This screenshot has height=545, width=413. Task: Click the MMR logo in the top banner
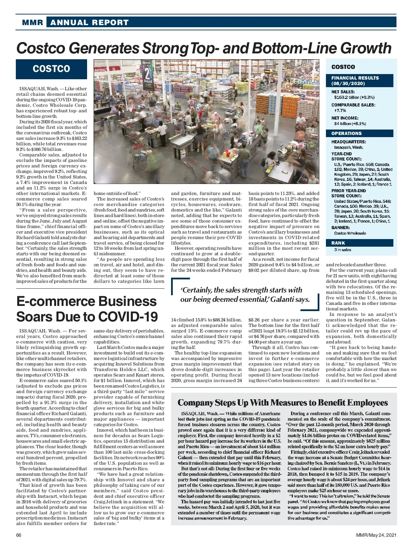pyautogui.click(x=32, y=23)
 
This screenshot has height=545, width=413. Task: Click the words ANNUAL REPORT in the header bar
pyautogui.click(x=89, y=23)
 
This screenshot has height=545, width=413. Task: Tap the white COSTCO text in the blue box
pyautogui.click(x=51, y=69)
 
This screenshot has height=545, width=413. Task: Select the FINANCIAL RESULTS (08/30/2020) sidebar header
pyautogui.click(x=355, y=81)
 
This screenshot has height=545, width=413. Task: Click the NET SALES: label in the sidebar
pyautogui.click(x=343, y=92)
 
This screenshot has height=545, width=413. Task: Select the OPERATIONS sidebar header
pyautogui.click(x=346, y=133)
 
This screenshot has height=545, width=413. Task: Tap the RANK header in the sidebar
pyautogui.click(x=338, y=243)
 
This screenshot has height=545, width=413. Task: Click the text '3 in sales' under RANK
pyautogui.click(x=342, y=250)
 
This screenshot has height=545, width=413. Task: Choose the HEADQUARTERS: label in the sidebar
pyautogui.click(x=348, y=142)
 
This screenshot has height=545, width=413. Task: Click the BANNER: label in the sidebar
pyautogui.click(x=340, y=228)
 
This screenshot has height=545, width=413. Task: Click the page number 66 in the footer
pyautogui.click(x=19, y=535)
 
